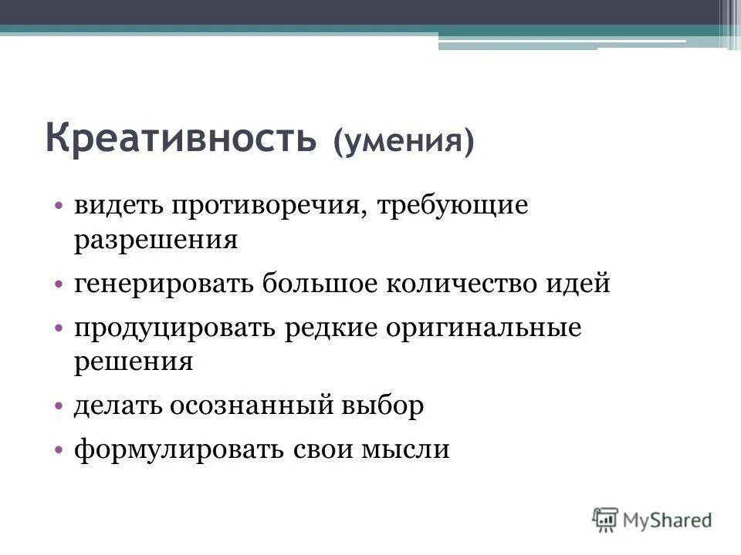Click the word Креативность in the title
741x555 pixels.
pyautogui.click(x=181, y=139)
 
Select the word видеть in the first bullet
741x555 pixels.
pyautogui.click(x=118, y=207)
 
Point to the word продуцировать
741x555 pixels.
pyautogui.click(x=178, y=327)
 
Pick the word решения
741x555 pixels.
pyautogui.click(x=133, y=361)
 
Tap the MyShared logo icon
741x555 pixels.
pyautogui.click(x=606, y=519)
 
